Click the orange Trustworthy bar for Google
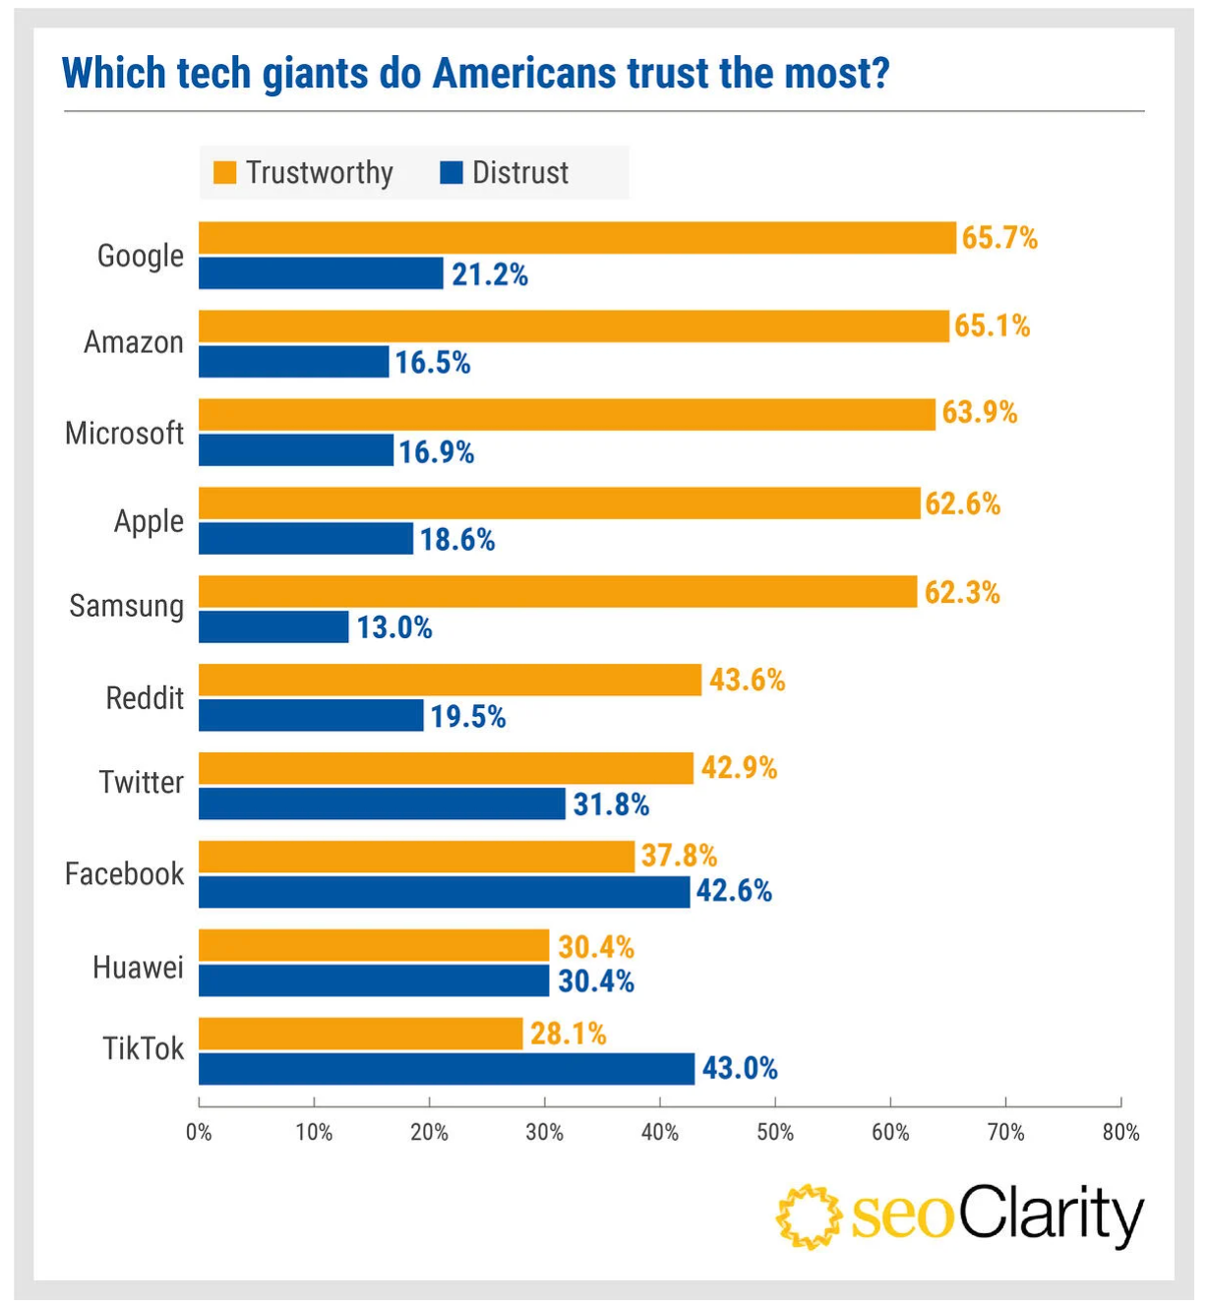point(576,238)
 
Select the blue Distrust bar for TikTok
point(446,1069)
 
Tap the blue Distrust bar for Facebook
point(444,892)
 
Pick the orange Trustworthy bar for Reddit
point(450,680)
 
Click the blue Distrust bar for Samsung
point(273,627)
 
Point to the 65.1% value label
point(992,326)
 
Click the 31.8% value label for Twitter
point(611,804)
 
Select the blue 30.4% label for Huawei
point(595,981)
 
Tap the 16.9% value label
point(436,451)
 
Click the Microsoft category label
point(124,433)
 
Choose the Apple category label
point(149,521)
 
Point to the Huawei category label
point(138,968)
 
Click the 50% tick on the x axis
point(775,1132)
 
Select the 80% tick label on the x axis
point(1120,1132)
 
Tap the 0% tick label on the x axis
point(199,1132)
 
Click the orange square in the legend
point(225,173)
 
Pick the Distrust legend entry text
point(519,173)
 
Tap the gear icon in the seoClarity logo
point(809,1217)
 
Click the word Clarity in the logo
point(1051,1215)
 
